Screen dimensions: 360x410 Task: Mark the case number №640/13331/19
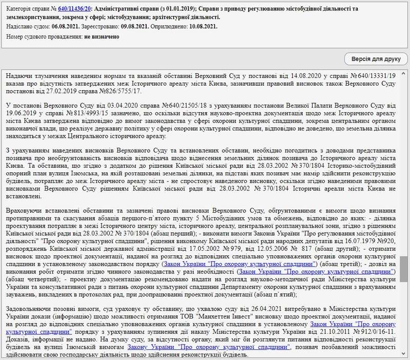pyautogui.click(x=374, y=75)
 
